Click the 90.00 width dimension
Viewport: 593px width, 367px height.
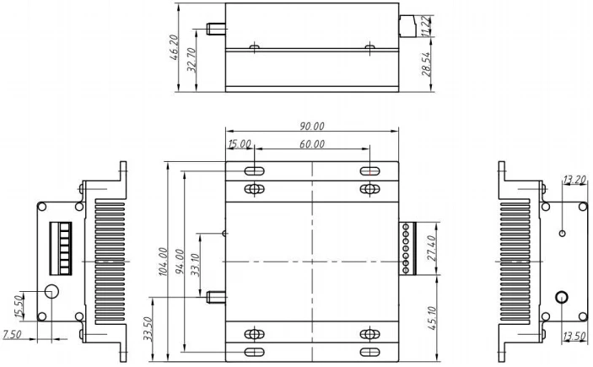(313, 126)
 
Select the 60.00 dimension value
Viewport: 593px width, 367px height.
(313, 144)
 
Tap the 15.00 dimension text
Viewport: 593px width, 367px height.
(240, 144)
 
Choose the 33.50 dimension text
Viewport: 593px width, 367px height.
(148, 327)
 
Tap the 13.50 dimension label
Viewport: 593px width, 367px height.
(574, 336)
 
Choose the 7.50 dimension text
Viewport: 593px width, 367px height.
(13, 336)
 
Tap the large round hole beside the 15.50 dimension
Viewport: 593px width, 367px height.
(52, 292)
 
